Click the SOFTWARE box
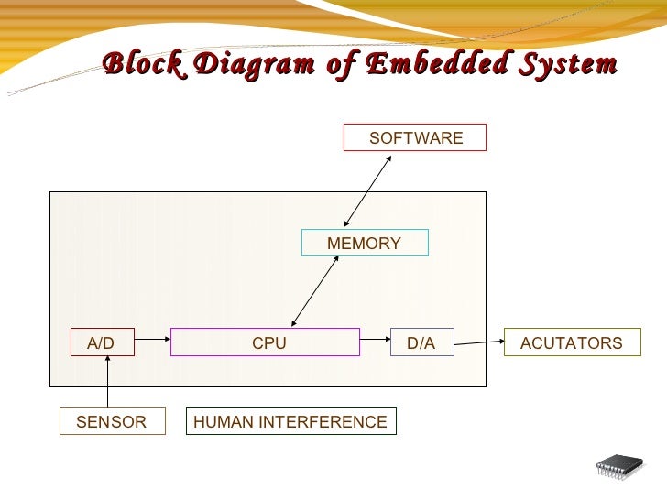(415, 137)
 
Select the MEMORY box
(365, 243)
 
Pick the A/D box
(103, 343)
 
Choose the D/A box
(422, 343)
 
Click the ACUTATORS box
(572, 343)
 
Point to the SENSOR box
(112, 421)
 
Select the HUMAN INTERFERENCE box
(291, 421)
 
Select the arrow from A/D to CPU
(152, 343)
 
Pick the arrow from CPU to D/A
(375, 343)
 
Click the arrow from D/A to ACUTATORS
(479, 343)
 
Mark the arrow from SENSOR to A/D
(108, 382)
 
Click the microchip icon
(619, 469)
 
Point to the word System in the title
(566, 65)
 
